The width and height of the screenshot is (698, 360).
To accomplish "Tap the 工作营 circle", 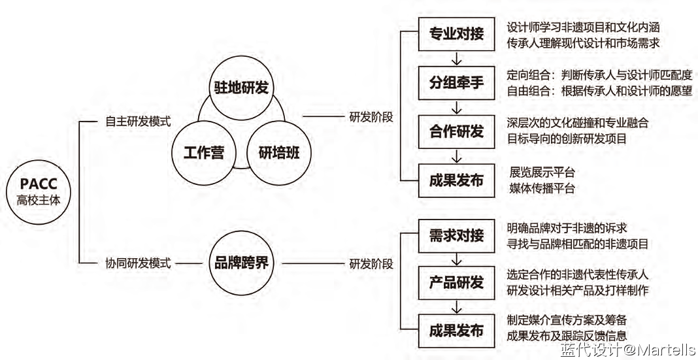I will tap(204, 152).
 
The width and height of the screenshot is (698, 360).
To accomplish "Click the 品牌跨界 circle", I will tap(241, 263).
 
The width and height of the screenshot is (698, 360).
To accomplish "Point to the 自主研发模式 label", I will tap(138, 121).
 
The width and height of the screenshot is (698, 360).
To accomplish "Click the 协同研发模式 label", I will tap(138, 263).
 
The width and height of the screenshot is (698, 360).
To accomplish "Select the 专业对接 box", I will tap(456, 35).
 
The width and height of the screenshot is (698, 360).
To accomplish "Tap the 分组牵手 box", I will tap(456, 83).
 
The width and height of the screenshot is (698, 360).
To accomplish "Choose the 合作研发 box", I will tap(456, 131).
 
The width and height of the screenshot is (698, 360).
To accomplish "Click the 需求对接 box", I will tap(456, 235).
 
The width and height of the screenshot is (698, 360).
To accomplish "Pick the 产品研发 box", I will tap(456, 282).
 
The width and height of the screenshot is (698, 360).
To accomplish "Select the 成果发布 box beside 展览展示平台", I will tap(456, 180).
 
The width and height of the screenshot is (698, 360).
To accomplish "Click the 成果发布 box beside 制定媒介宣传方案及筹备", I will tap(456, 330).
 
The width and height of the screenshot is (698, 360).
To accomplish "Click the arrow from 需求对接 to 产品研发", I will tap(456, 259).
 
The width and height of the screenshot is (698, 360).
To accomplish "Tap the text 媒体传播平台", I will tap(542, 189).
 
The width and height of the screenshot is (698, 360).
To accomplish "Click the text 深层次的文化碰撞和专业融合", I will tap(577, 122).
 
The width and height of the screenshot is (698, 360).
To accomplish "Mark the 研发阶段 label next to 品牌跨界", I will tap(371, 264).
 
